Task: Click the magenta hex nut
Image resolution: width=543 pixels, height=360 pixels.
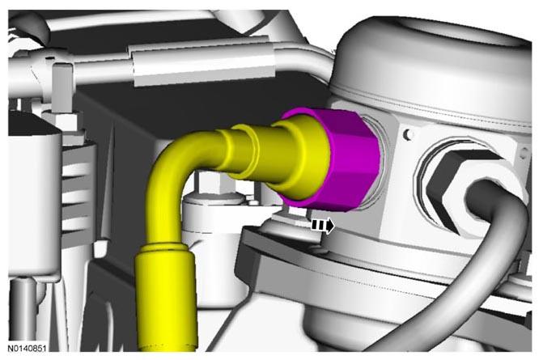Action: [350, 159]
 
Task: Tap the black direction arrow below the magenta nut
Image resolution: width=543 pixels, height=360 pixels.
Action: [324, 226]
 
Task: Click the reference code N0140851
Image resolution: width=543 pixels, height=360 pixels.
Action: [27, 348]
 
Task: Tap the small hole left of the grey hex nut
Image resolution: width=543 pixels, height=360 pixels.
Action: [409, 134]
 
